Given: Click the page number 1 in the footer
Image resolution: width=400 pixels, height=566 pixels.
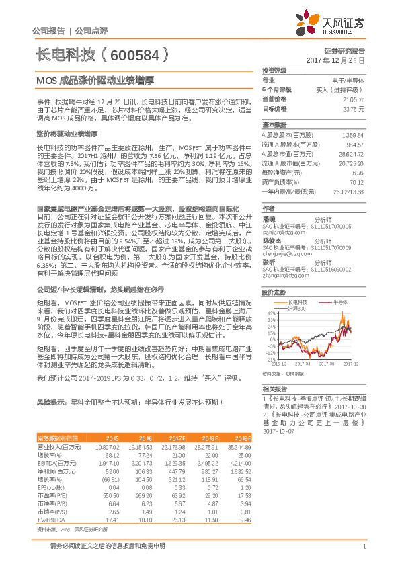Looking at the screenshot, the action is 363,547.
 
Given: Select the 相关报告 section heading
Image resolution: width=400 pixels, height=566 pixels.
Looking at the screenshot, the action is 274,389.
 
